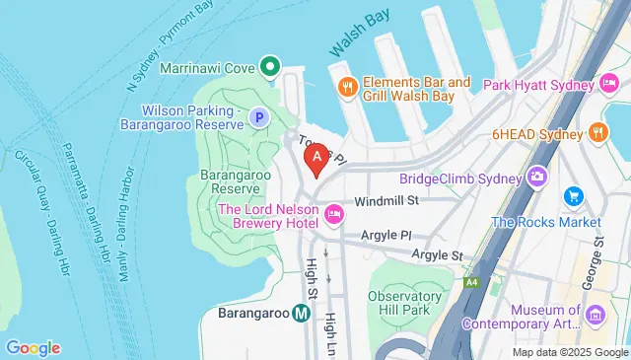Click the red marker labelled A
point(316,156)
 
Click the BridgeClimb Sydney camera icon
point(538,177)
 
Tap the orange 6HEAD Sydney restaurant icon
point(598,132)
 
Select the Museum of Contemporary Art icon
point(595,315)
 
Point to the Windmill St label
point(387,201)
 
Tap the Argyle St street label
point(443,255)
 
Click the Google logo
point(33,347)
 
